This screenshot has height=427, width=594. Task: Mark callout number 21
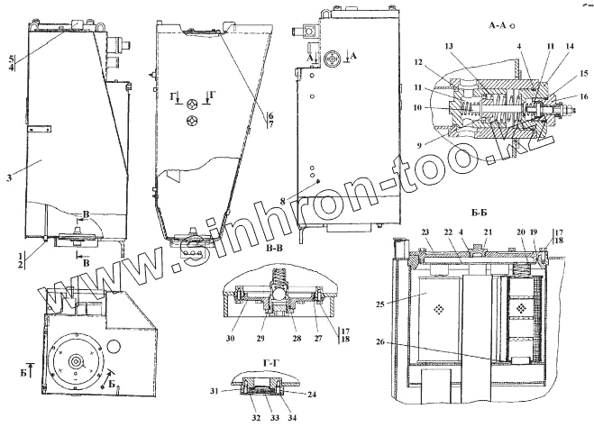[x=488, y=232]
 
